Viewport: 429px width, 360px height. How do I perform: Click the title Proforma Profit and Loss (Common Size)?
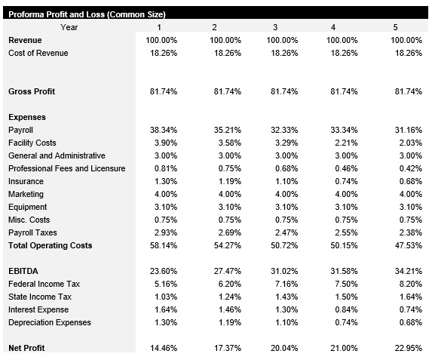(x=87, y=14)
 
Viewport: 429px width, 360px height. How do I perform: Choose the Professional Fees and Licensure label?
(x=66, y=168)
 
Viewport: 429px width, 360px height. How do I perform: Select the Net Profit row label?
(x=26, y=348)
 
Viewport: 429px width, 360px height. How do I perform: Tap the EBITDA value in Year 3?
(x=282, y=271)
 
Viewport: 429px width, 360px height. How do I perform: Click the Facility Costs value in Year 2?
(x=223, y=143)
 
